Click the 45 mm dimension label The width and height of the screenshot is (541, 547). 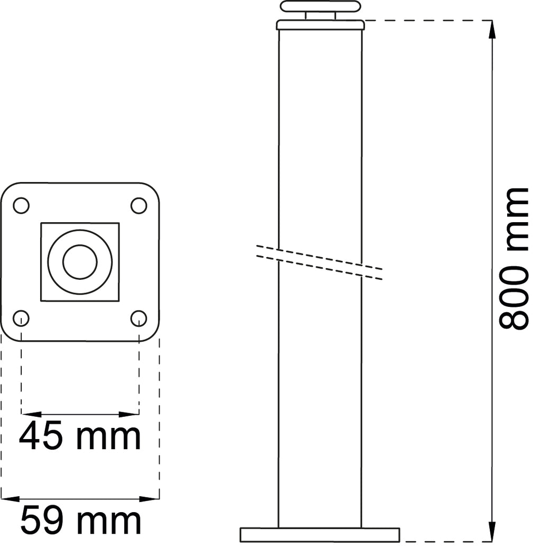click(80, 436)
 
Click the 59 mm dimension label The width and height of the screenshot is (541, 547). click(80, 521)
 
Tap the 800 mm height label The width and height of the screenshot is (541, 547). click(514, 259)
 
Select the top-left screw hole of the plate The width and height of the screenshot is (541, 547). click(21, 205)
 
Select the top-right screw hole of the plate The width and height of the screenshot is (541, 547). click(138, 205)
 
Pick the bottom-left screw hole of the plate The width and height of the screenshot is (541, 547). click(21, 318)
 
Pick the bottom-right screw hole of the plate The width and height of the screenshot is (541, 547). click(138, 318)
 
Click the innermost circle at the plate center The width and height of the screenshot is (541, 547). click(80, 262)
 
